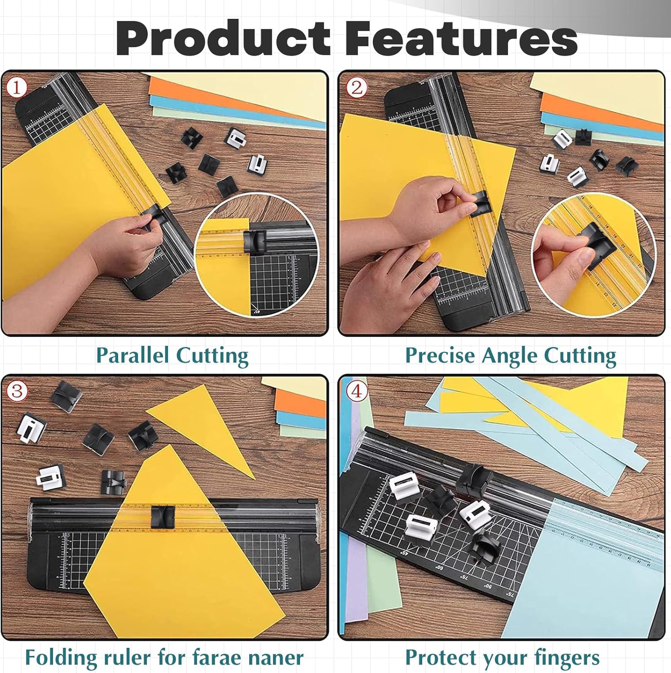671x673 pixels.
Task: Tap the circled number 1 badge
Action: (x=17, y=87)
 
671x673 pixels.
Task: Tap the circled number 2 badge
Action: (x=356, y=87)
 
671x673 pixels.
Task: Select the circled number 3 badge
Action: (x=17, y=391)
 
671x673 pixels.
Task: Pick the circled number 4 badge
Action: (x=356, y=391)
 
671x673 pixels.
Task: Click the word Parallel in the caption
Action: (x=132, y=356)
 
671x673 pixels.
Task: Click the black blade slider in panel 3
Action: (x=163, y=516)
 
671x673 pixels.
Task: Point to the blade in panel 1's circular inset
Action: (x=255, y=242)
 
